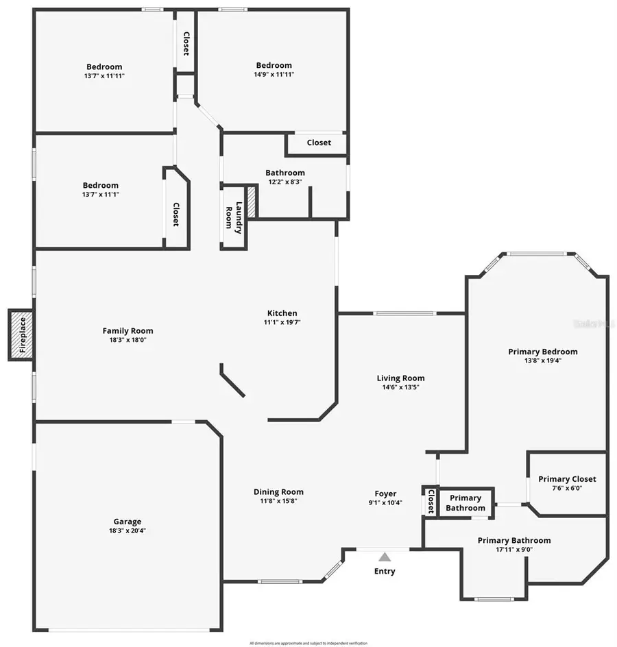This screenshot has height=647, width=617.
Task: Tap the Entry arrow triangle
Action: point(385,557)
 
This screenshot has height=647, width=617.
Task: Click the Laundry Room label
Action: point(234,218)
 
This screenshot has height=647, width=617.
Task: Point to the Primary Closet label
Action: point(567,479)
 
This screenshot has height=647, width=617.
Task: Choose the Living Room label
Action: point(400,378)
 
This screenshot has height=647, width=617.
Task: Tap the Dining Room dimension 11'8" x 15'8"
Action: point(278,500)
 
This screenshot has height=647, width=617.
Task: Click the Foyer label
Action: point(385,493)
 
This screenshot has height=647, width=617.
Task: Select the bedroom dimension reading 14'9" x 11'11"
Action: point(274,74)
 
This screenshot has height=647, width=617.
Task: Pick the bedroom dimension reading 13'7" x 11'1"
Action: point(101,195)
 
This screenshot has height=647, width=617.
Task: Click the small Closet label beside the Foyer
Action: point(431,501)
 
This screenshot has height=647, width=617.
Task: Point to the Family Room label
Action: point(128,330)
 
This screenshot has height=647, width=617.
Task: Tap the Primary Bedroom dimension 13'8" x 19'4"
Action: point(543,361)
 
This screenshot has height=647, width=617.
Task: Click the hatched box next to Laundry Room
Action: point(252,204)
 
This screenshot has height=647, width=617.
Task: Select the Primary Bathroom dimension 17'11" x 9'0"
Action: point(513,549)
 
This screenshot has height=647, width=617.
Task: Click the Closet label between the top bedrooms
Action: point(186,43)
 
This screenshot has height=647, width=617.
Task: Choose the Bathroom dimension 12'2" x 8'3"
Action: point(285,182)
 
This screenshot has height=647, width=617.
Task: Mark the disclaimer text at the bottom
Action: point(308,643)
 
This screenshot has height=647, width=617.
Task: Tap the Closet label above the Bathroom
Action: point(319,143)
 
